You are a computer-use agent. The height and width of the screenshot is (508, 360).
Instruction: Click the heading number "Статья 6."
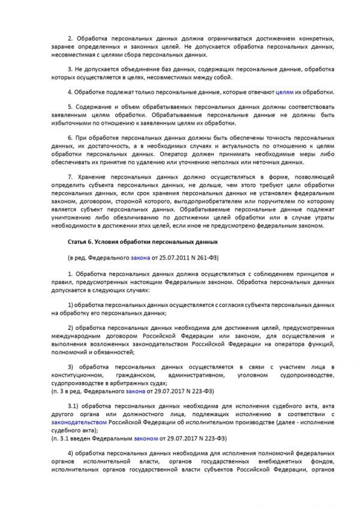81,242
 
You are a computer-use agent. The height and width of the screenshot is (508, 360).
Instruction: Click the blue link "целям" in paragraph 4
285,92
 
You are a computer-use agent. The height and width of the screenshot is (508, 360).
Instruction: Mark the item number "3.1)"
74,406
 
